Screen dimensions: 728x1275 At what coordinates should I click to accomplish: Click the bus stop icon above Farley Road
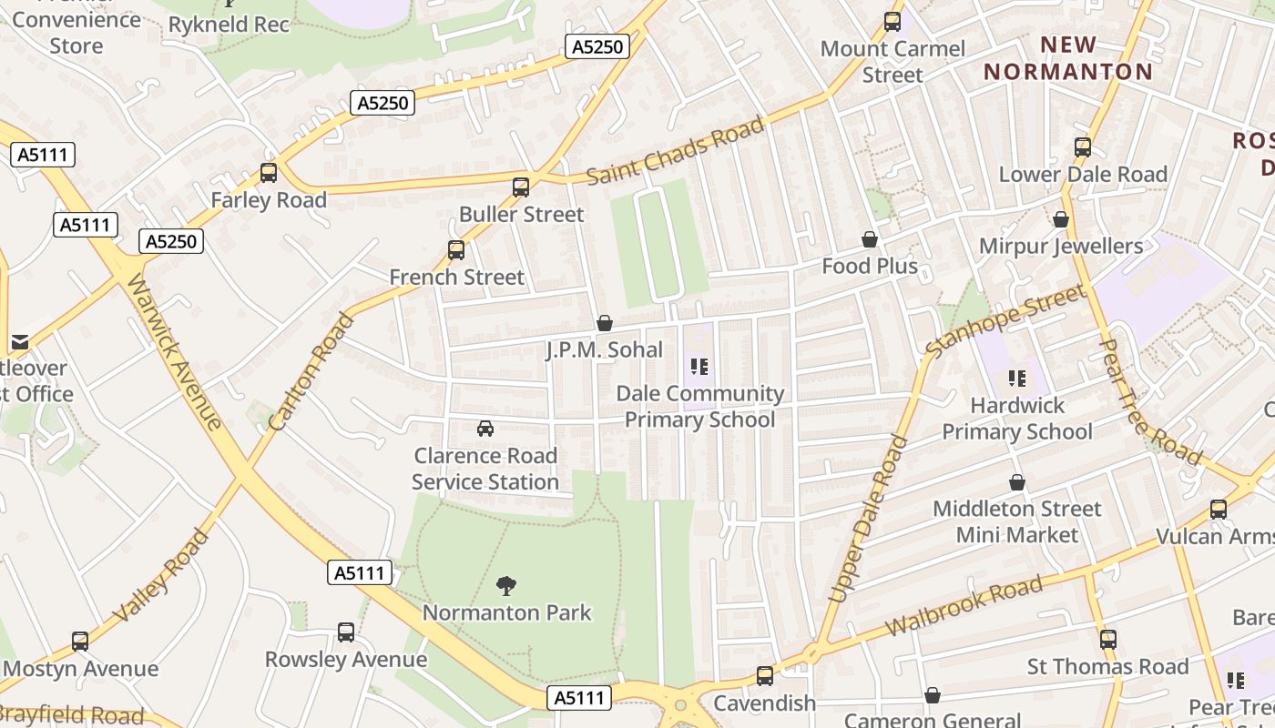pos(269,172)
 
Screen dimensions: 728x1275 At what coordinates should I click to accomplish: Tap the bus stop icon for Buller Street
pos(521,187)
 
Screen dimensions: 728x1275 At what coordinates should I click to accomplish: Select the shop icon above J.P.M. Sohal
pos(604,323)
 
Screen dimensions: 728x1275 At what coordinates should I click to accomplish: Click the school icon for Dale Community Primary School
pos(699,367)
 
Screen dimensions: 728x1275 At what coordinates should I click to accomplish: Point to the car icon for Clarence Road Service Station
pos(485,428)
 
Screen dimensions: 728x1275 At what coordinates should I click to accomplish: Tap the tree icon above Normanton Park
pos(506,585)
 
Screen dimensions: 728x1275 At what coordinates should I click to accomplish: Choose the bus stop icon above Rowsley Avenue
pos(346,632)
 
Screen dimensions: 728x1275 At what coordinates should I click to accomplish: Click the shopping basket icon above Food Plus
pos(870,239)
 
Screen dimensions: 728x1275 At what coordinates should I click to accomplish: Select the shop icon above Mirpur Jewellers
pos(1060,219)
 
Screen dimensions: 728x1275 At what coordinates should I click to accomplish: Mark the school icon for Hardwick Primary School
pos(1016,378)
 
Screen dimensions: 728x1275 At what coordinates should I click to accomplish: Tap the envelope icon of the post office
pos(19,342)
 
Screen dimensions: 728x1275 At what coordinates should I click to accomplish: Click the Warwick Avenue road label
pos(174,351)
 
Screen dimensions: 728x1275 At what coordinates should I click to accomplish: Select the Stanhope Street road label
pos(1005,320)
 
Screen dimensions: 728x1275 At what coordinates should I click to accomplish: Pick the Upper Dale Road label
pos(868,520)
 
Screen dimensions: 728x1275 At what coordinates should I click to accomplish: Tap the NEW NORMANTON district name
pos(1067,57)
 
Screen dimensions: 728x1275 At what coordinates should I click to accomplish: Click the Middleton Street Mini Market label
pos(1016,521)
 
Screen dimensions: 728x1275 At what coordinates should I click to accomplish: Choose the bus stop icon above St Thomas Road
pos(1107,639)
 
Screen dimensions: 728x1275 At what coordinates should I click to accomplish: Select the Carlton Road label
pos(311,372)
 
